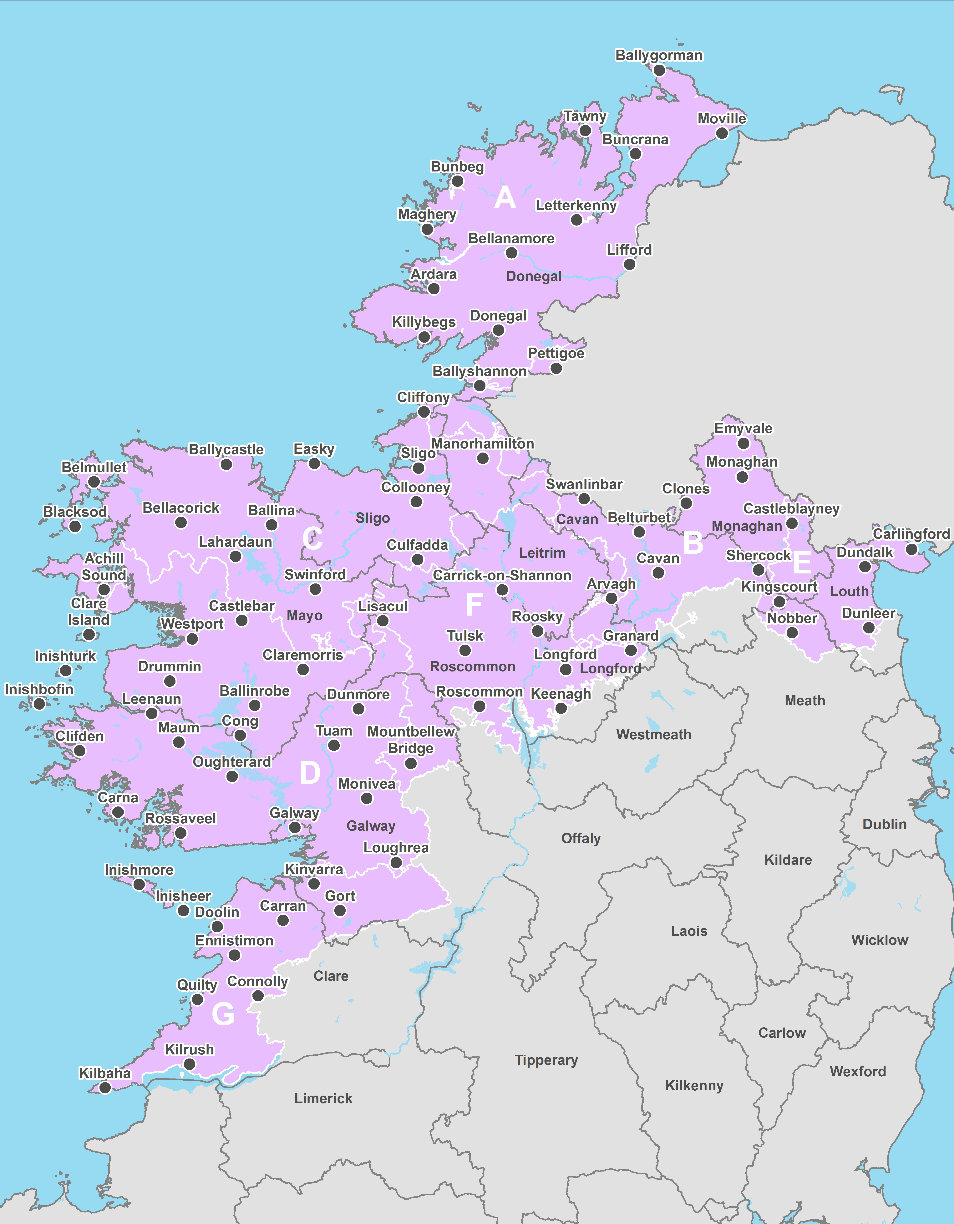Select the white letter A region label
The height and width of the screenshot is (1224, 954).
505,198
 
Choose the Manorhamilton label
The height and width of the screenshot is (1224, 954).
482,444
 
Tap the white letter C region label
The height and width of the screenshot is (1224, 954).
312,539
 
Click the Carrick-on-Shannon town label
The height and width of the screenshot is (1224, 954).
502,576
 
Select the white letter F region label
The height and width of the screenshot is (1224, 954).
474,604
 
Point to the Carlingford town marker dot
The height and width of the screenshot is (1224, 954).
911,549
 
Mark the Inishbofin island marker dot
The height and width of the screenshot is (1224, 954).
39,704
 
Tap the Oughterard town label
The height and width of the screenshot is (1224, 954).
232,762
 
